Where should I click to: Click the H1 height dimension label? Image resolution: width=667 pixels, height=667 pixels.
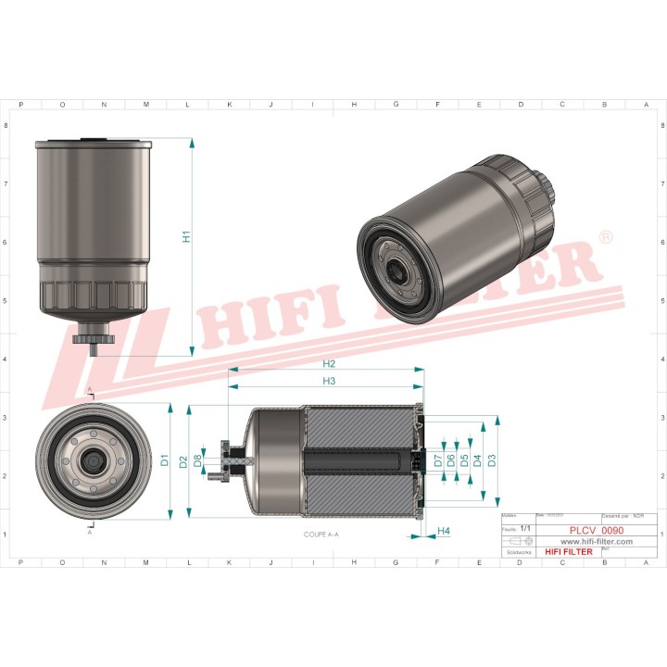click(186, 236)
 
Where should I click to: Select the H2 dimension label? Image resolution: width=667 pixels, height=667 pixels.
click(329, 363)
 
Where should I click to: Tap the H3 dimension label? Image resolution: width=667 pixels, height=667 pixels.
click(329, 381)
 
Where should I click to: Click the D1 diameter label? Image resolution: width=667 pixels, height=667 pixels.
click(164, 459)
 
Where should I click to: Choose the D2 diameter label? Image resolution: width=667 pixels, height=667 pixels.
click(183, 460)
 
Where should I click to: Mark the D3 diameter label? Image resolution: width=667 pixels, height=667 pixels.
click(491, 459)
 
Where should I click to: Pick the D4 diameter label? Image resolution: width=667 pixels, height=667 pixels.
click(477, 459)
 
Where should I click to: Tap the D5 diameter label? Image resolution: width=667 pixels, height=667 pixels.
click(464, 459)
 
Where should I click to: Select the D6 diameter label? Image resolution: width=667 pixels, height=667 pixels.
click(451, 459)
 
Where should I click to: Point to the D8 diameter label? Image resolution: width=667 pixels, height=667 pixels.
click(197, 459)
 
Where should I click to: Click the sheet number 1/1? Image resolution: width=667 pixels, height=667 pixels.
click(526, 527)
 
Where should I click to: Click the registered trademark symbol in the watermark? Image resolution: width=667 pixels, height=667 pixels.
click(606, 238)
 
